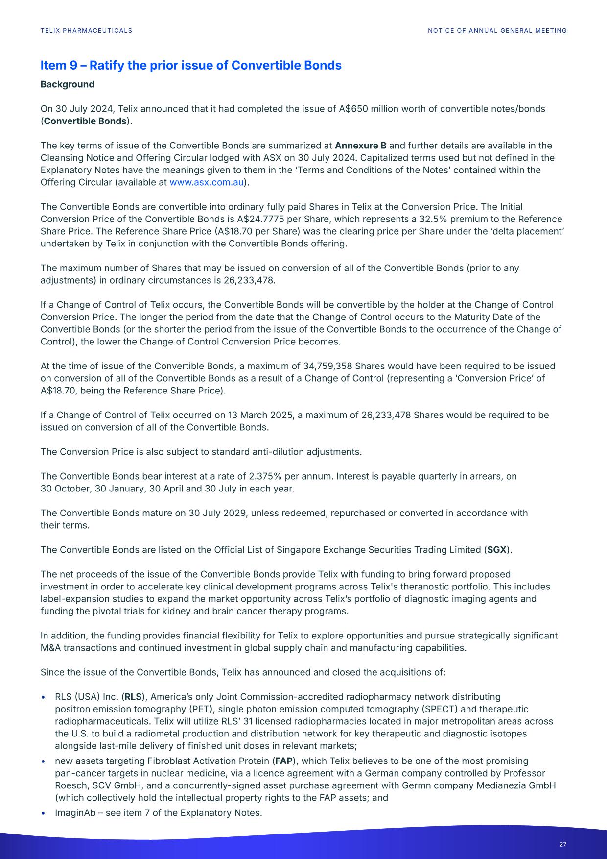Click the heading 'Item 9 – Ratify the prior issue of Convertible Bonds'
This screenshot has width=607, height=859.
[191, 66]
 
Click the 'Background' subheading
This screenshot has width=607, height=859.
[67, 84]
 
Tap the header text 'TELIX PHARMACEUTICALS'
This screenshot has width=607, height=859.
[86, 31]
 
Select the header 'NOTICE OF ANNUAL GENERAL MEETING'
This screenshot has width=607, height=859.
[497, 31]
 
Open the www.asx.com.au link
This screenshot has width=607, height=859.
[206, 183]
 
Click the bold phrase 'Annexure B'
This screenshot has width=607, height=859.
[360, 146]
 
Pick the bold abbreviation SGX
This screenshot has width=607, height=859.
[496, 550]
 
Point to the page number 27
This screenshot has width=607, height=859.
[562, 844]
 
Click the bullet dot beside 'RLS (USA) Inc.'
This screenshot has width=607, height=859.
[44, 697]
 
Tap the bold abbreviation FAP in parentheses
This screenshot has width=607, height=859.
[284, 761]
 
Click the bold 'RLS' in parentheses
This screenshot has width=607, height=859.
[133, 697]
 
